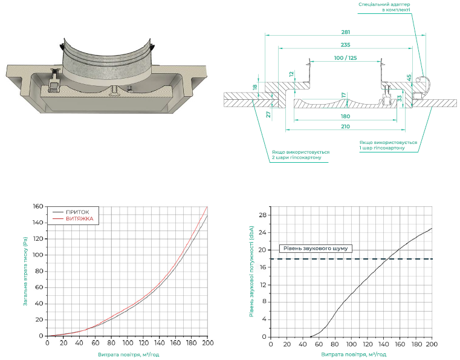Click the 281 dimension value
click(x=345, y=32)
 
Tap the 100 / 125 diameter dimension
click(x=345, y=57)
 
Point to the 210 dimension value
click(x=345, y=126)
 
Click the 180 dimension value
click(x=345, y=116)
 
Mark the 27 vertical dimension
click(x=267, y=114)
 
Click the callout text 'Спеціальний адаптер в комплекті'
click(x=384, y=7)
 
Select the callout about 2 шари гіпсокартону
click(x=300, y=155)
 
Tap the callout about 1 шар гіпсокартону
click(x=388, y=145)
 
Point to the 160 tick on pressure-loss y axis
click(x=39, y=207)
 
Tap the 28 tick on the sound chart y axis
click(x=263, y=215)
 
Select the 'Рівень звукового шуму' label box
click(x=316, y=249)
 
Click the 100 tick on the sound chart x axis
click(x=351, y=344)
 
